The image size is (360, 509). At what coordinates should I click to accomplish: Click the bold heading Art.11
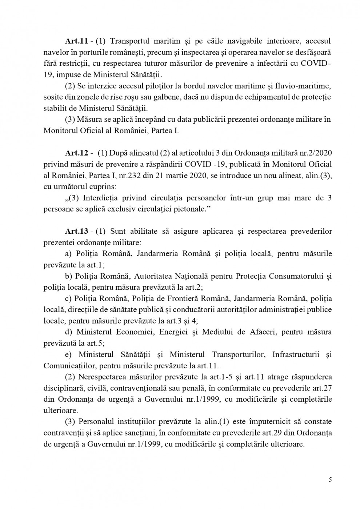click(76, 41)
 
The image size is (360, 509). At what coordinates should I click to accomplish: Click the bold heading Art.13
click(76, 232)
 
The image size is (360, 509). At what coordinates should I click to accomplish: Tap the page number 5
click(330, 479)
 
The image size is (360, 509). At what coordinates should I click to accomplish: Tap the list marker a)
click(68, 254)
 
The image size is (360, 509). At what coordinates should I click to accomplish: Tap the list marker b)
click(68, 276)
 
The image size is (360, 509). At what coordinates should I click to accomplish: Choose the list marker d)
click(68, 332)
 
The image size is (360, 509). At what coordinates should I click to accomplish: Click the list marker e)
click(68, 354)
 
